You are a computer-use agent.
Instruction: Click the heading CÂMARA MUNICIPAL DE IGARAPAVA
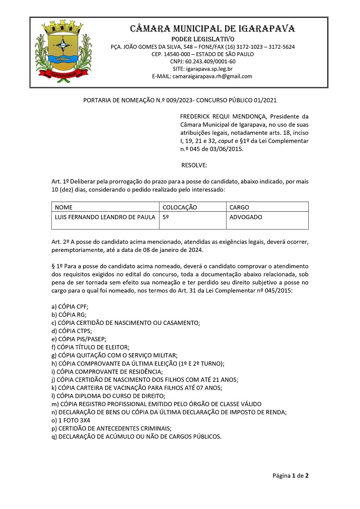click(x=213, y=28)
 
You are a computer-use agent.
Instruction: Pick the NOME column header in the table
click(x=64, y=207)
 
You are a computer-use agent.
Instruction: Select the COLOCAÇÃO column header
click(x=180, y=207)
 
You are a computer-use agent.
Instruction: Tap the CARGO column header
click(x=239, y=207)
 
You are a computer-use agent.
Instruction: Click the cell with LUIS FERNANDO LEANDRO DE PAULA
click(x=105, y=218)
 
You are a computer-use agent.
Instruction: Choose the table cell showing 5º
click(x=166, y=218)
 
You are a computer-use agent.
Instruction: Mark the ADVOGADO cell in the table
click(x=246, y=218)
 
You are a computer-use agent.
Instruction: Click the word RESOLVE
click(x=194, y=166)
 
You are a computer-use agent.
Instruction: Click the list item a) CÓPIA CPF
click(x=70, y=307)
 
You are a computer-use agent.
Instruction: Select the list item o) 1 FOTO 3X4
click(x=74, y=420)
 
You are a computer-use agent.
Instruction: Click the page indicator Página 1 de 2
click(x=290, y=476)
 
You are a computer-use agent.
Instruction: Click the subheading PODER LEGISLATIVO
click(x=203, y=39)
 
